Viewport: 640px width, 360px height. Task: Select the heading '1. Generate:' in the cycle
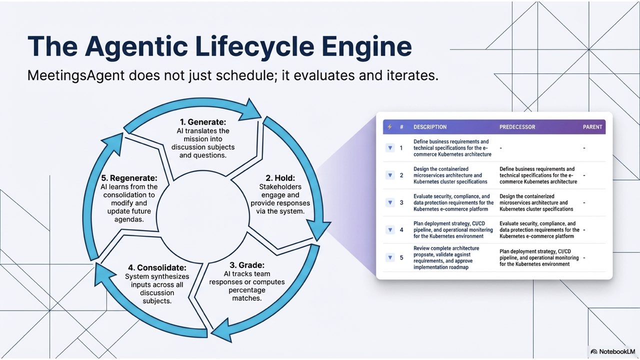pyautogui.click(x=203, y=122)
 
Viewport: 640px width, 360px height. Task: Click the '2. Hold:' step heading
pyautogui.click(x=280, y=177)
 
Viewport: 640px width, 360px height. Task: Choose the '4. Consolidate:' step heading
pyautogui.click(x=156, y=267)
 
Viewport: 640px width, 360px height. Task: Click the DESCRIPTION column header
pyautogui.click(x=430, y=127)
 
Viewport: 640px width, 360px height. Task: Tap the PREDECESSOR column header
pyautogui.click(x=517, y=127)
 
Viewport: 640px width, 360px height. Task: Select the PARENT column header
pyautogui.click(x=592, y=127)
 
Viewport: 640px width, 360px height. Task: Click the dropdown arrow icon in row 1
pyautogui.click(x=390, y=148)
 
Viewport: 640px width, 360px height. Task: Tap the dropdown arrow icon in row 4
pyautogui.click(x=390, y=230)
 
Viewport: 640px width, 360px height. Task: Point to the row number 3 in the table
pyautogui.click(x=401, y=202)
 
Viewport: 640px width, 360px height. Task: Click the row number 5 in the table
pyautogui.click(x=401, y=257)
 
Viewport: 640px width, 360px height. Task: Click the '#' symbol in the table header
pyautogui.click(x=401, y=127)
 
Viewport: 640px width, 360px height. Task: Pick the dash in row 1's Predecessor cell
pyautogui.click(x=501, y=148)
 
